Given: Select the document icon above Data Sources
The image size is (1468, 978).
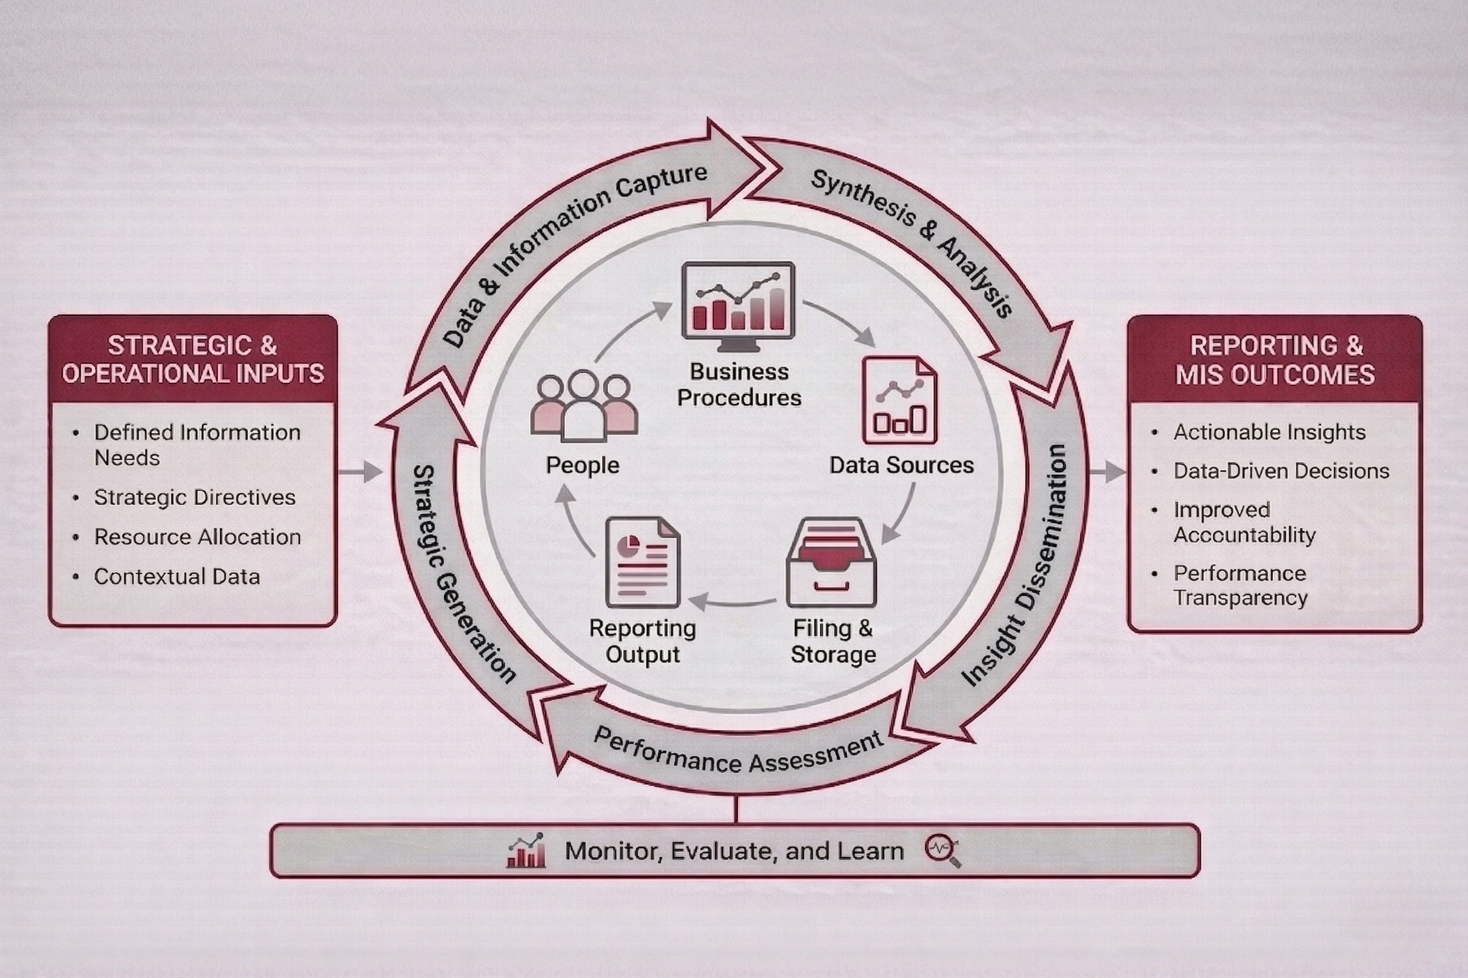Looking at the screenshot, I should (x=899, y=400).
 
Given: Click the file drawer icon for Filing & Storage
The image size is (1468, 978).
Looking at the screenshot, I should (x=832, y=562).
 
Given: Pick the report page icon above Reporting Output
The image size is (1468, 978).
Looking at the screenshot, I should (x=642, y=562).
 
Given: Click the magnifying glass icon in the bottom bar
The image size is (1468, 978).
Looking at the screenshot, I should (x=942, y=851).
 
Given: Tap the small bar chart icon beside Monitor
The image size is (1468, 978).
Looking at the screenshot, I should (x=526, y=851).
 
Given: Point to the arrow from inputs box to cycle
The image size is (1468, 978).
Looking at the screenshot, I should (x=360, y=472).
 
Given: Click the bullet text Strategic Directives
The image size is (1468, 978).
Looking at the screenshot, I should (x=195, y=497).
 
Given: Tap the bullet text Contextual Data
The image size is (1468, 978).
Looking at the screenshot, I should (x=177, y=576).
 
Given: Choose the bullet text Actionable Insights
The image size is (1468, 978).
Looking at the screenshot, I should (x=1269, y=432).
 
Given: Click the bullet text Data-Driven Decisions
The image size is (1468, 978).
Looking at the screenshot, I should (x=1281, y=471).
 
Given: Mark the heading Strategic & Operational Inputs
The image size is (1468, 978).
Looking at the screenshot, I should (x=193, y=359).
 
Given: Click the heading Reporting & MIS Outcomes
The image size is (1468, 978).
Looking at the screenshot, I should (x=1275, y=360).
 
